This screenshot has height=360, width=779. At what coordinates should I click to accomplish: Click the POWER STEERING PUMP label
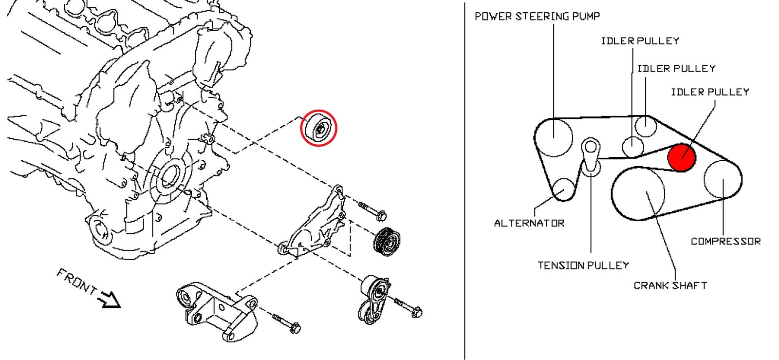pos(537,16)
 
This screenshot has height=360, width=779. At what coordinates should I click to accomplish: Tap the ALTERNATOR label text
pos(529,223)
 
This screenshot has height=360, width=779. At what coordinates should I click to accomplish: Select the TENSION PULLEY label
pos(583,265)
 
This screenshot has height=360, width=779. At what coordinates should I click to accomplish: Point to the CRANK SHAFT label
pos(670,285)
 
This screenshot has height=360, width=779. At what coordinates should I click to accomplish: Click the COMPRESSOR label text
pos(725,241)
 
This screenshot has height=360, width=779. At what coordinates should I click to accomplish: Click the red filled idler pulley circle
pos(682,157)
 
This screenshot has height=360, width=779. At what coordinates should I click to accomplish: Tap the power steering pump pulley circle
pos(555,137)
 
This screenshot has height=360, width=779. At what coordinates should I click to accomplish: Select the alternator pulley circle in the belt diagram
pos(563,190)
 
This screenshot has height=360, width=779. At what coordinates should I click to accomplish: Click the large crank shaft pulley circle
pos(638,193)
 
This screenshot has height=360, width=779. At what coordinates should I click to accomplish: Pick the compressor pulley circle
pos(723,178)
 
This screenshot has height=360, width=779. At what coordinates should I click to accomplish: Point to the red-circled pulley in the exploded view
pos(318,128)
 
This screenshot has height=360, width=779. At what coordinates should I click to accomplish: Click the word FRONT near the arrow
pos(76,282)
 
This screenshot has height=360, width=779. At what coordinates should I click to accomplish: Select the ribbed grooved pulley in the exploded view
pos(387,241)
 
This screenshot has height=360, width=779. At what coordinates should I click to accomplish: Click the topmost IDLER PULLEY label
pos(640,41)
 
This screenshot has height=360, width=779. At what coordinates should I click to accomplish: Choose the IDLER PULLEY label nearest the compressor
pos(710,92)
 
